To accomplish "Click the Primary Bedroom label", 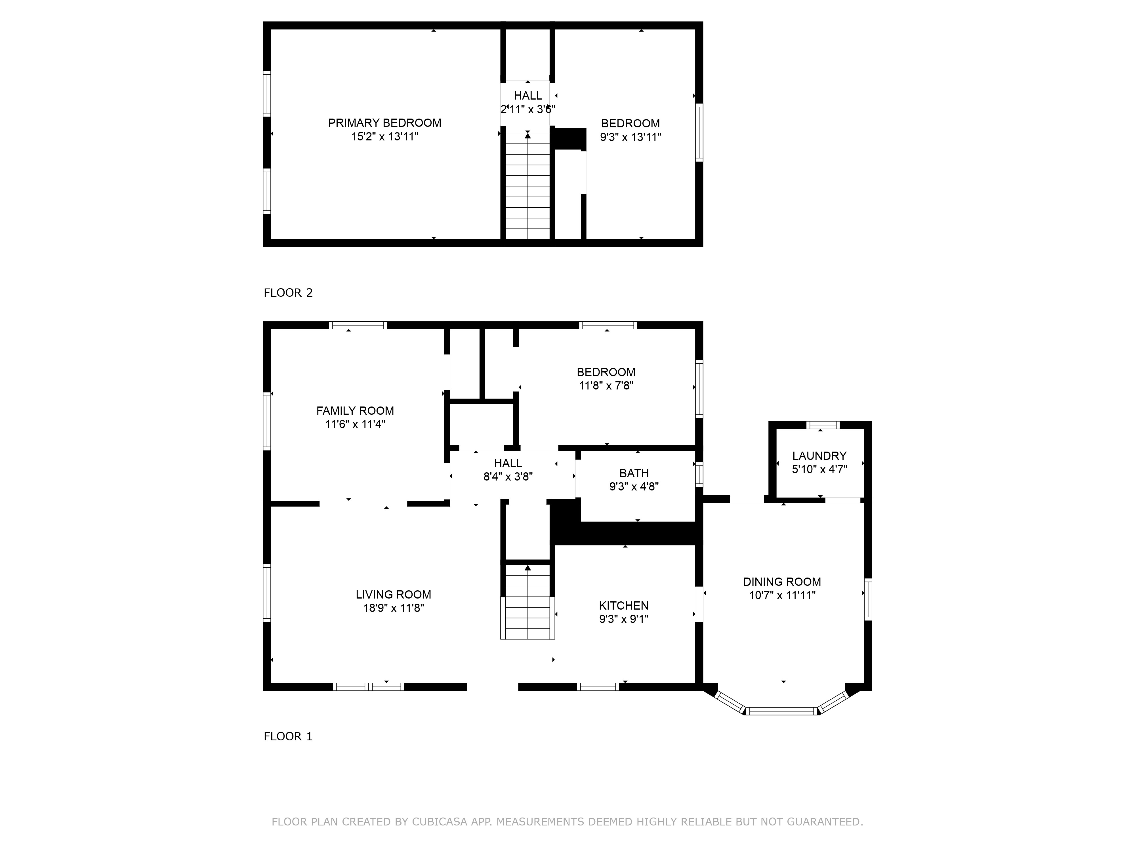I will click(x=384, y=123).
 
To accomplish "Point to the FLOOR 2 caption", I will click(x=288, y=293).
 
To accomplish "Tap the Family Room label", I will click(x=355, y=411).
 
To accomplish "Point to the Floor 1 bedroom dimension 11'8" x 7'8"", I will click(x=606, y=386).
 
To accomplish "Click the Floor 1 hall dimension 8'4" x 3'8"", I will click(x=508, y=477).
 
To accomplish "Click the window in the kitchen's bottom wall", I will click(x=598, y=687).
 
